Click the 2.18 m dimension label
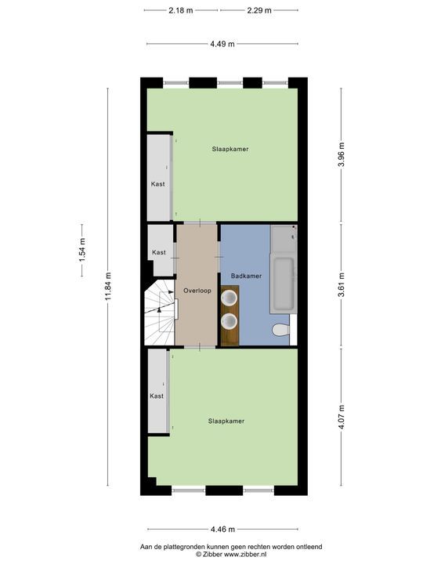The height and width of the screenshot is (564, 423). pyautogui.click(x=181, y=10)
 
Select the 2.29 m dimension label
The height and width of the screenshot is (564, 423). pyautogui.click(x=258, y=10)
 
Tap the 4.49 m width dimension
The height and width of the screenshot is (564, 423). pyautogui.click(x=222, y=44)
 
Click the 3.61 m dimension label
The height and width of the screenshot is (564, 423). pyautogui.click(x=341, y=284)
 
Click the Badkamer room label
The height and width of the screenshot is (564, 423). pyautogui.click(x=247, y=277)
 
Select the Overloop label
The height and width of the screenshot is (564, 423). pyautogui.click(x=197, y=291)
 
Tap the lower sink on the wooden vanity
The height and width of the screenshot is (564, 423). pyautogui.click(x=230, y=320)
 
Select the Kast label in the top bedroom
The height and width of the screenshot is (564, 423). pyautogui.click(x=157, y=185)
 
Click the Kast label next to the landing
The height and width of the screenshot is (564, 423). pyautogui.click(x=159, y=252)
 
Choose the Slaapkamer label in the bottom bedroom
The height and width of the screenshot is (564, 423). pyautogui.click(x=226, y=421)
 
